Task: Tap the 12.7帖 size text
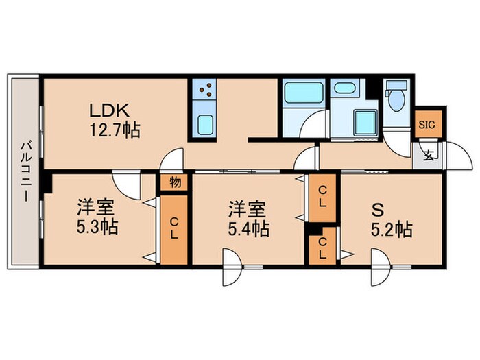(113, 129)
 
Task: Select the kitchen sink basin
(204, 124)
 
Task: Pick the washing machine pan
(365, 121)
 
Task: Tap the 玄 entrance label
(429, 155)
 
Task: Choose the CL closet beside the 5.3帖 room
(174, 232)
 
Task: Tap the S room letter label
(379, 208)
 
